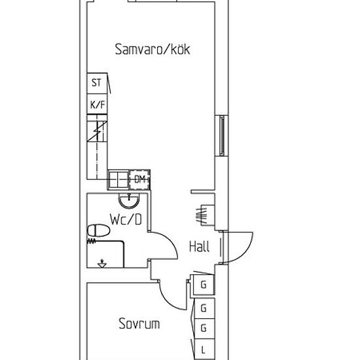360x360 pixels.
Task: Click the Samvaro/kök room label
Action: tap(153, 49)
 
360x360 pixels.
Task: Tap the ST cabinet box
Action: tap(97, 84)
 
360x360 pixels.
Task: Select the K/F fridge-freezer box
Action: tap(97, 104)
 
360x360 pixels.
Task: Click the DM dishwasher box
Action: tap(139, 179)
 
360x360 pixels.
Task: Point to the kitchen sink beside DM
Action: tap(118, 179)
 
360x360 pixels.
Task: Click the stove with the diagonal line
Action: tap(97, 132)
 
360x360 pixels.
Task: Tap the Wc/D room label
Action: tap(126, 219)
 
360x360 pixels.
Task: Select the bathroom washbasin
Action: tap(129, 201)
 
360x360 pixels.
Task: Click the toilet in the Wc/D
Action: tap(98, 230)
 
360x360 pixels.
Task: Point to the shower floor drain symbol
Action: tap(102, 263)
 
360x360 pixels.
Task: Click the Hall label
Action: tap(199, 247)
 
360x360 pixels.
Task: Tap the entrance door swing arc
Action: tap(245, 253)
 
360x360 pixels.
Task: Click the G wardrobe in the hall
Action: tap(204, 285)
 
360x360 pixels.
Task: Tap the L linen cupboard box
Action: tap(204, 350)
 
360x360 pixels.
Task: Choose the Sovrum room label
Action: tap(139, 323)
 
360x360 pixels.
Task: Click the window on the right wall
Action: tap(222, 136)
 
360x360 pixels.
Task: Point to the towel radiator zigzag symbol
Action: tap(91, 241)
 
